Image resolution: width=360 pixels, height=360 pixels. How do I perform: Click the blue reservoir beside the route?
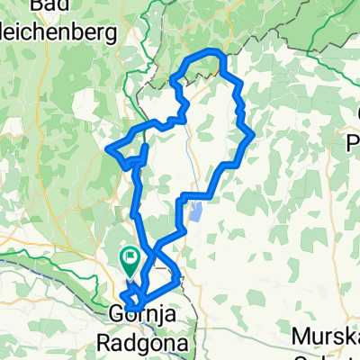tap(195, 213)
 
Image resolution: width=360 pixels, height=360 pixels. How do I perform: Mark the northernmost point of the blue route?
tap(211, 50)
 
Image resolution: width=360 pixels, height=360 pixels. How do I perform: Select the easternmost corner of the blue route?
tap(255, 135)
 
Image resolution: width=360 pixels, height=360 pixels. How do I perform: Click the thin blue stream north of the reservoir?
tap(191, 162)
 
